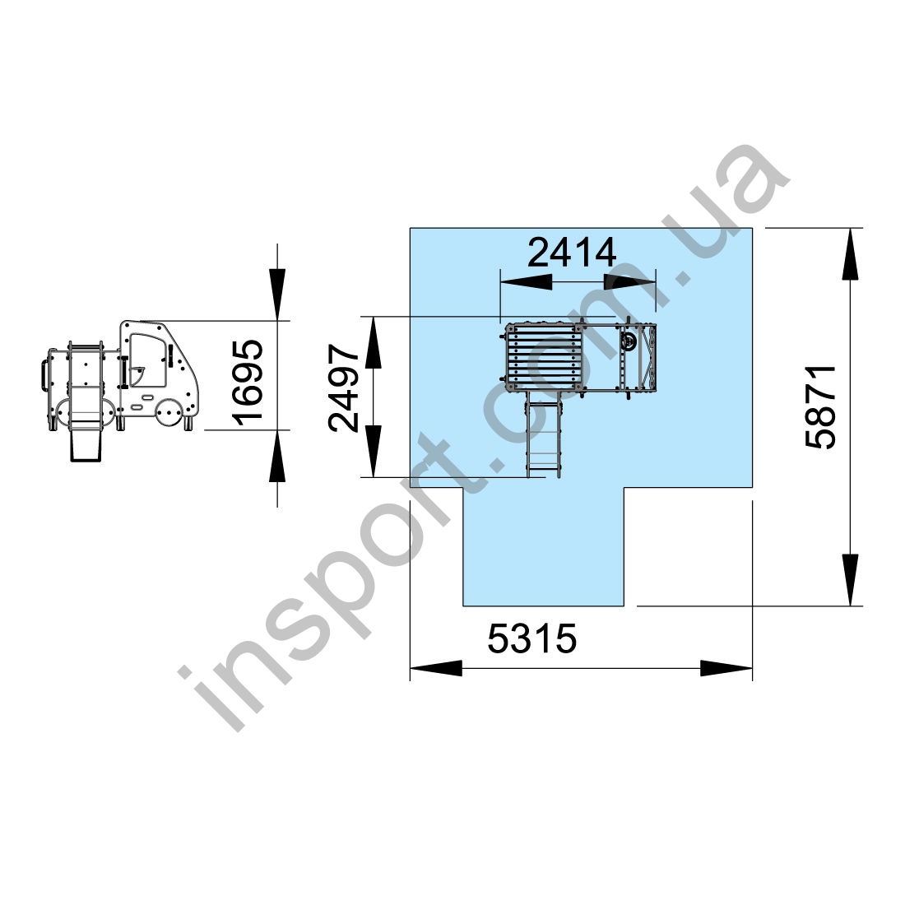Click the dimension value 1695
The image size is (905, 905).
click(249, 382)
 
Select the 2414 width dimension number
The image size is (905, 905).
click(572, 253)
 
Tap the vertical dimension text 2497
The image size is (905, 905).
click(344, 388)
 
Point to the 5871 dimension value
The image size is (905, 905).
click(820, 406)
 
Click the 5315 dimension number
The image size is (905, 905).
click(532, 638)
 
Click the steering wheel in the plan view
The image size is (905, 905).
click(629, 341)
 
